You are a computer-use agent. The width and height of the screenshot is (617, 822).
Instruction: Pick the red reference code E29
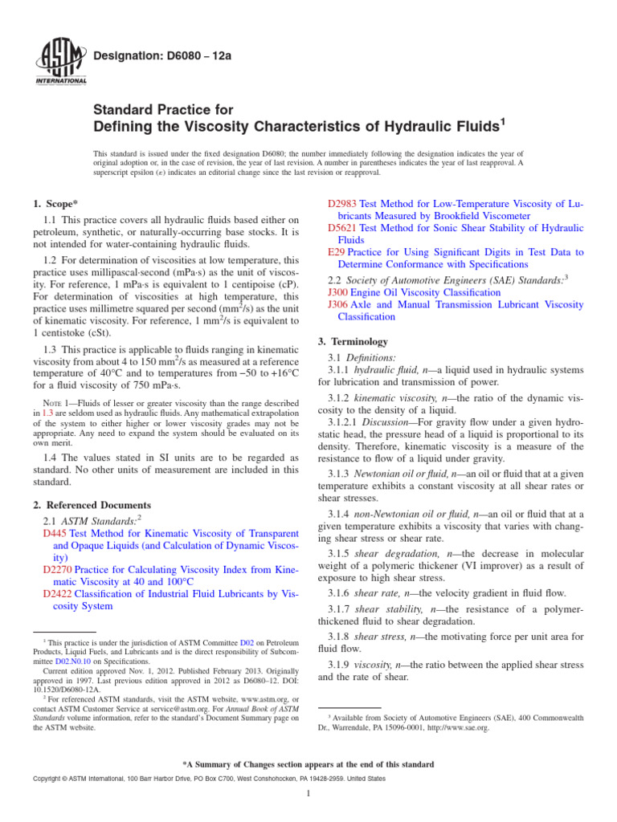337,251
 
